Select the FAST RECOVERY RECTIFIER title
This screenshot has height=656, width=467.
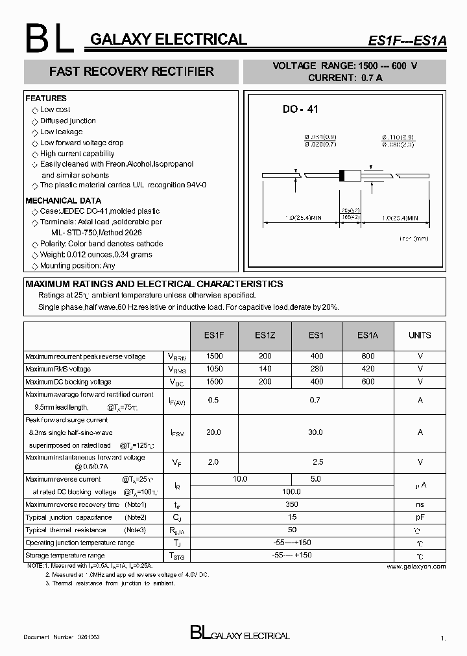pyautogui.click(x=131, y=71)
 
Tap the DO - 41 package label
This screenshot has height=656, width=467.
pyautogui.click(x=300, y=110)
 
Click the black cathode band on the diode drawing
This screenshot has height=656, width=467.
pyautogui.click(x=341, y=175)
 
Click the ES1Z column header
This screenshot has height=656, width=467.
pyautogui.click(x=264, y=335)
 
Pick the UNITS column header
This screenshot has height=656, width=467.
pyautogui.click(x=420, y=335)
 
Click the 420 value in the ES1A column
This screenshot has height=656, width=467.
pyautogui.click(x=368, y=369)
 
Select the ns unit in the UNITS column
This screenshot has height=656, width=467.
pyautogui.click(x=420, y=504)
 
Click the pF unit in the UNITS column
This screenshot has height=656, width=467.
pyautogui.click(x=420, y=517)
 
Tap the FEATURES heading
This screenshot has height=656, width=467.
pyautogui.click(x=46, y=99)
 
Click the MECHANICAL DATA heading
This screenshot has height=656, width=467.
pyautogui.click(x=63, y=200)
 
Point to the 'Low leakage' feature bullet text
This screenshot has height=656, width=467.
pyautogui.click(x=61, y=132)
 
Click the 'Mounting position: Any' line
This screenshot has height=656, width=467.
pyautogui.click(x=77, y=266)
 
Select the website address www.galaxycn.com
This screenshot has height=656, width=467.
pyautogui.click(x=416, y=566)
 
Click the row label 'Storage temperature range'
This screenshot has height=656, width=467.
pyautogui.click(x=65, y=556)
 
